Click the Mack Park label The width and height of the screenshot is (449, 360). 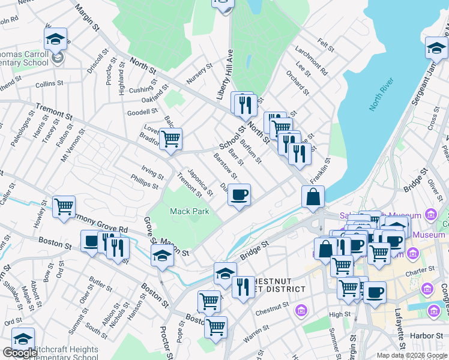click(x=189, y=211)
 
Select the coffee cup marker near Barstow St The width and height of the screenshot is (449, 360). click(x=239, y=195)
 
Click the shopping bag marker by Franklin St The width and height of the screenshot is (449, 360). click(x=313, y=197)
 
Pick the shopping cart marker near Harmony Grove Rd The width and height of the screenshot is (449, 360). click(x=64, y=207)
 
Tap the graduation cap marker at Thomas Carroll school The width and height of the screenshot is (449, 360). click(x=56, y=39)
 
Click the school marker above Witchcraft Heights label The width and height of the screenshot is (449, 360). click(x=23, y=338)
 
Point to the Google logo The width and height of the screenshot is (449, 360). click(x=20, y=353)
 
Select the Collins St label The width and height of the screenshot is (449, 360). click(x=46, y=85)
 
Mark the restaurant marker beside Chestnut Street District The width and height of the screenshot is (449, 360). click(x=243, y=287)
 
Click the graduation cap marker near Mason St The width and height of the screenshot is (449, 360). click(x=161, y=256)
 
